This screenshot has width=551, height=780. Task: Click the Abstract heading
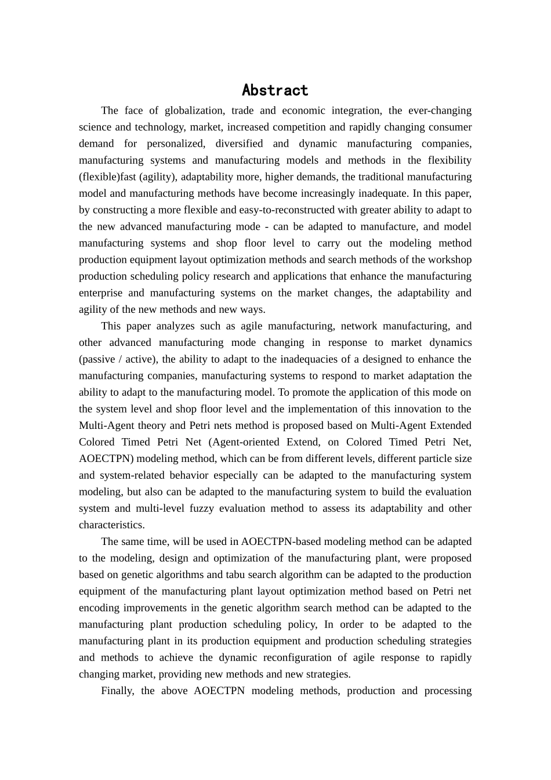pos(275,91)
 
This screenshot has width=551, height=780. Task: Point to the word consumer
pos(450,127)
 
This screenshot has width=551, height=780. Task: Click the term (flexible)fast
pos(107,176)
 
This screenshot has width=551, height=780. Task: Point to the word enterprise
pos(100,293)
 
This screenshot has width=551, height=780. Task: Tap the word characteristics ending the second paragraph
pos(111,525)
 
